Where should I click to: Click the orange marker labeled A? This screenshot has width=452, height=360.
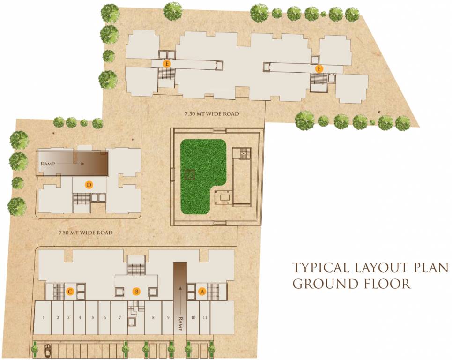[202, 291]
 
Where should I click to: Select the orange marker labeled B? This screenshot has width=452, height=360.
[136, 291]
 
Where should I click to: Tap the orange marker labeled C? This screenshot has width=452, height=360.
[70, 292]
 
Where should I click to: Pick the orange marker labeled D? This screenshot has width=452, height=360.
[89, 185]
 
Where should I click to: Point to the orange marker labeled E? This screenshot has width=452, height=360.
[166, 63]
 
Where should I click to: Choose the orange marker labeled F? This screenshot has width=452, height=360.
[319, 69]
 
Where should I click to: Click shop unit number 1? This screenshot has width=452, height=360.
[43, 318]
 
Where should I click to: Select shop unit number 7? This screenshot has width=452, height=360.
[120, 318]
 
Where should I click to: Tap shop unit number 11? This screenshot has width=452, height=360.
[205, 318]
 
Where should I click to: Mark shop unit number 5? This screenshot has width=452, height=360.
[92, 318]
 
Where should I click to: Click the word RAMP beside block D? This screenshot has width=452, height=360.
[48, 164]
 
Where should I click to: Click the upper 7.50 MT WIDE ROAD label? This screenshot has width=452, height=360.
[211, 114]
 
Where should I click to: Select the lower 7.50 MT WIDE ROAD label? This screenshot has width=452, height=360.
[86, 232]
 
